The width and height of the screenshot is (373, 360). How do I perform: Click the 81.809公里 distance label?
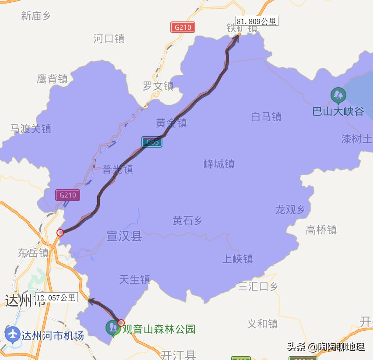pos(257,21)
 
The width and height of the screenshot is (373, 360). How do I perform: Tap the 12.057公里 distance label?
pos(56,298)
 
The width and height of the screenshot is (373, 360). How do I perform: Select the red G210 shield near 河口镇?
pos(183,27)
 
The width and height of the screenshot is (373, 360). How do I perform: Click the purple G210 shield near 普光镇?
pos(67,195)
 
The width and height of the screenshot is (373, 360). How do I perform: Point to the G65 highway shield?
pos(152,142)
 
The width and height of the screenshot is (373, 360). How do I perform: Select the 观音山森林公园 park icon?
pos(113,327)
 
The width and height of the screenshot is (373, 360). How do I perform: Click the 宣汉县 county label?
pos(124,236)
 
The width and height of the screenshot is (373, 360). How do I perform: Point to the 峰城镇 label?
pos(219,164)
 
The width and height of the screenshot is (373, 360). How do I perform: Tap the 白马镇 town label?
pos(266,116)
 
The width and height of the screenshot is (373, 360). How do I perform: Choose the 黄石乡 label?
pos(187,221)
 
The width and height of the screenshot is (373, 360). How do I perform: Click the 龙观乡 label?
pos(290,210)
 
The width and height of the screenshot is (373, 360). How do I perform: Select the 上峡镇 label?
pos(238,259)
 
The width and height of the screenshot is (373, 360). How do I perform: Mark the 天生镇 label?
pos(134,279)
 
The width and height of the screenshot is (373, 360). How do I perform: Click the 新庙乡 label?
pos(36,16)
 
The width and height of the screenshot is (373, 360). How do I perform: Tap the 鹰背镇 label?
pos(52,79)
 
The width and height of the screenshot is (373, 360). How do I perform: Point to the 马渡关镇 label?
pos(31,128)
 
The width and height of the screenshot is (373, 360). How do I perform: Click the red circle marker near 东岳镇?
pos(60,233)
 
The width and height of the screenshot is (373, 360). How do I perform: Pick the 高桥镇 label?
pos(321,229)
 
